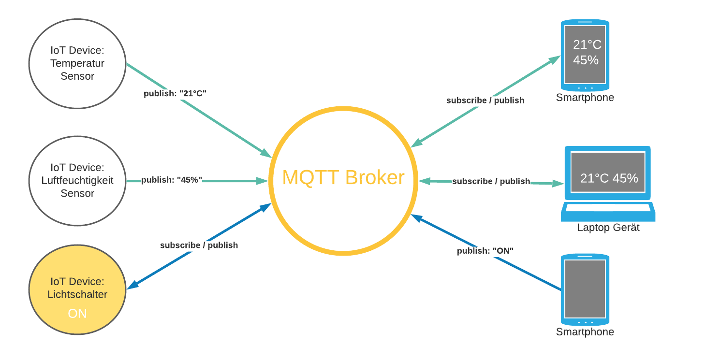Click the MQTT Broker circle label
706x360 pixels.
[343, 177]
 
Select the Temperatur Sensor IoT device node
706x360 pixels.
[77, 63]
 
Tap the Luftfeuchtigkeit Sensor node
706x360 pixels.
[77, 181]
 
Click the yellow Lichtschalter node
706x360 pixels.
[77, 289]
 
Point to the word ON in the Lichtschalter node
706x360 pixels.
[77, 314]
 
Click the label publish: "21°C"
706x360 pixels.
[175, 93]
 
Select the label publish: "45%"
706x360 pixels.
[171, 180]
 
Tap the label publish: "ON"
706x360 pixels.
[485, 251]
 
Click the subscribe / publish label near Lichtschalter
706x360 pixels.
[199, 245]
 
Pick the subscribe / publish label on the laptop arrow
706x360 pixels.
[491, 181]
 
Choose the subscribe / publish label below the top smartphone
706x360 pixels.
[485, 101]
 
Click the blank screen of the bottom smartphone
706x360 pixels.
[585, 288]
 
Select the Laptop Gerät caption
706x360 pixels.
[608, 227]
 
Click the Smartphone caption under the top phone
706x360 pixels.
[585, 98]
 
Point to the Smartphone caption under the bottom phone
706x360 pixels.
[585, 332]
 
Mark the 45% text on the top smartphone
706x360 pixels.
[586, 60]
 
